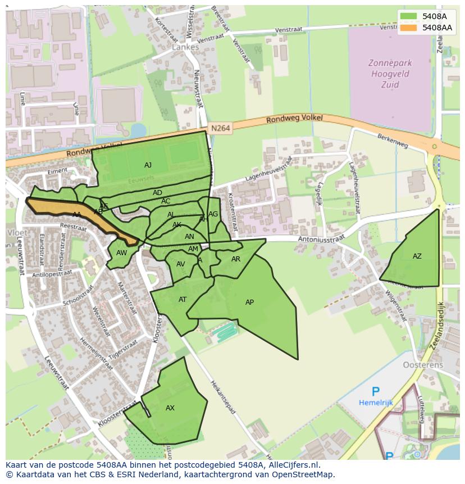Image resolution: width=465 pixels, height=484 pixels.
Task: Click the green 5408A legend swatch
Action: point(408,16)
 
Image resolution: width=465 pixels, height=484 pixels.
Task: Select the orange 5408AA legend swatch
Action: point(408,27)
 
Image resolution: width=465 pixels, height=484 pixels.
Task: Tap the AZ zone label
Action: point(417,256)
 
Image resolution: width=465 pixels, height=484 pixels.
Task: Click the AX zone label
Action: point(170,408)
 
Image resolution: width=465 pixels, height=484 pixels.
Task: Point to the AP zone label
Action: point(249,302)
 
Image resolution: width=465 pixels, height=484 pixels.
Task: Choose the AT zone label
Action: point(183,300)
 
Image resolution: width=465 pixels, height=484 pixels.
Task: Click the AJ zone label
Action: point(148,165)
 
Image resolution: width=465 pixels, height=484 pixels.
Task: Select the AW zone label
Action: point(121,253)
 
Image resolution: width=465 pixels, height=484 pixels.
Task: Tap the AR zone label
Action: point(236,259)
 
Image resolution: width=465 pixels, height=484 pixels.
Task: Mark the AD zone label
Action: point(157,193)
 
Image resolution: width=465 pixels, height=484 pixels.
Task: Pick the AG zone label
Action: point(213,214)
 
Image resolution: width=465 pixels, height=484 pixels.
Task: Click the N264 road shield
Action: point(221,129)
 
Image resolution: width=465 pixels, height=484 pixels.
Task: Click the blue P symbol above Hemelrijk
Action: point(376,392)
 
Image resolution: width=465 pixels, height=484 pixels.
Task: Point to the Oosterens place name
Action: point(423,365)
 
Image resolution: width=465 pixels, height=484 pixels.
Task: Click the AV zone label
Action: point(180,264)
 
